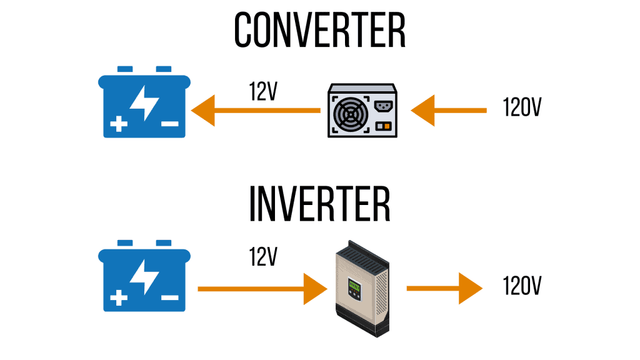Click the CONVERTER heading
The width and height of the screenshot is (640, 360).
(x=319, y=30)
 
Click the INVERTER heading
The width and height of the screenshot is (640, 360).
(x=319, y=204)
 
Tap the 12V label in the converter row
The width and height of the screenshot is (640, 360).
(x=263, y=91)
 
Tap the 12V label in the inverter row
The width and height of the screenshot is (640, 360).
(x=263, y=257)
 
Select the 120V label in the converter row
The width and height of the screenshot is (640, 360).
(x=522, y=107)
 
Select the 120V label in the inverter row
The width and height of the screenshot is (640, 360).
(x=522, y=285)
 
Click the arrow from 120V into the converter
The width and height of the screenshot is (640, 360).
(x=449, y=110)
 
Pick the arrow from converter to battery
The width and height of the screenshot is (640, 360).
(x=256, y=110)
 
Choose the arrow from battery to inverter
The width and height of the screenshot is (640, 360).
(x=262, y=289)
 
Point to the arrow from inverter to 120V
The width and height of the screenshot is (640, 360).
(x=444, y=289)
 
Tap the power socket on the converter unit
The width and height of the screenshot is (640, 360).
(x=384, y=106)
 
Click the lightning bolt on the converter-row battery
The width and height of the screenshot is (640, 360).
(x=144, y=103)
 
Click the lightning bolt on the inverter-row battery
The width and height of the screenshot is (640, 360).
(x=144, y=277)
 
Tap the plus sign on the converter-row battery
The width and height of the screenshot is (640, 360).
(x=119, y=124)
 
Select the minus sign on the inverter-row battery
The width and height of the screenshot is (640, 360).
(x=170, y=298)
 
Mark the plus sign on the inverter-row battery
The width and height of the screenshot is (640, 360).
(x=119, y=298)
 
